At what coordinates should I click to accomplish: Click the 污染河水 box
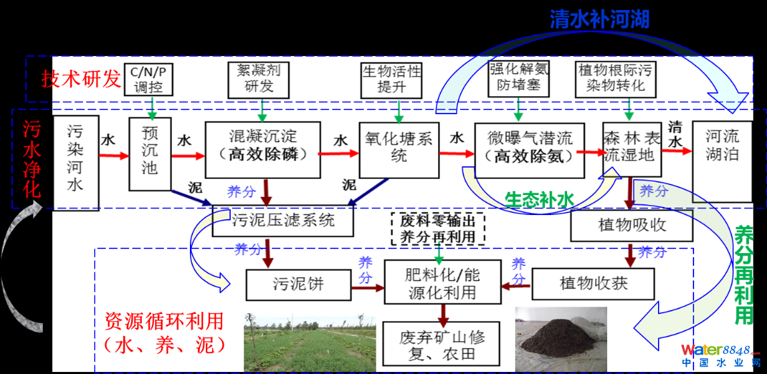coord(75,163)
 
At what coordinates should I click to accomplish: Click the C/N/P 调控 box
coord(152,79)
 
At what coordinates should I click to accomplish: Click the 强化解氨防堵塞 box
coord(519,78)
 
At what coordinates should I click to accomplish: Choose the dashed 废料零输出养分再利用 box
coord(437,228)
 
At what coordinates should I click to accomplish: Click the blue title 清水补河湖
coord(599,18)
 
